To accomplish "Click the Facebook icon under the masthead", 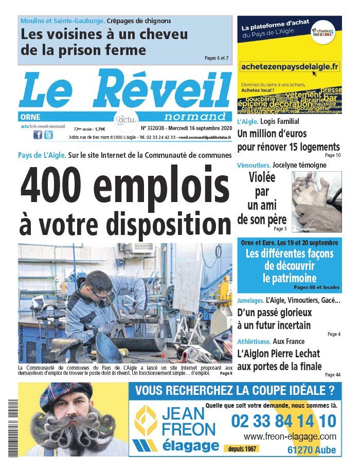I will pos(38,135).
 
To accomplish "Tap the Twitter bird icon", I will pos(48,135).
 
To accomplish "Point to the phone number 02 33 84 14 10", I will pos(283,421).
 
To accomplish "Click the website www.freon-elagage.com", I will pos(290,436).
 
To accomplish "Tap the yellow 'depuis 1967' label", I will pos(242,448).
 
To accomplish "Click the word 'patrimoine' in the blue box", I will pos(289,278).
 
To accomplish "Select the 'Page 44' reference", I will pos(332,374).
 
